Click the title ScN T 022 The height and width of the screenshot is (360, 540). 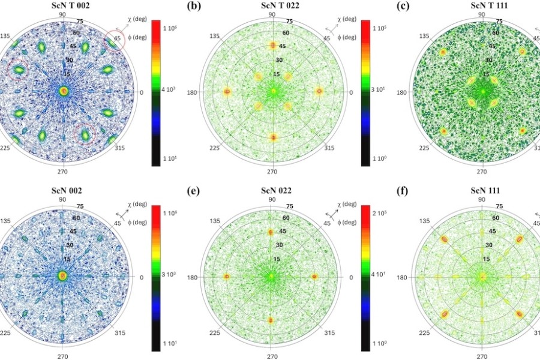pyautogui.click(x=272, y=7)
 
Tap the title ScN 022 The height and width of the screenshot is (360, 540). pyautogui.click(x=272, y=191)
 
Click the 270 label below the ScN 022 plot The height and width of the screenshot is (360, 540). pyautogui.click(x=272, y=355)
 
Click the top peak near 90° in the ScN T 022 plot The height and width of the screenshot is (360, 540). pyautogui.click(x=273, y=45)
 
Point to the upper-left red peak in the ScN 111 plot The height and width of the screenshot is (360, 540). pyautogui.click(x=444, y=239)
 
